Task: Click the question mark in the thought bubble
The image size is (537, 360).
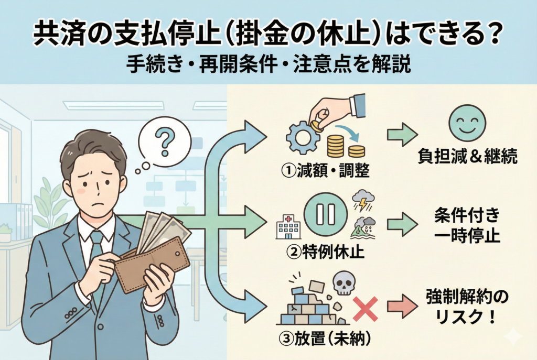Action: (164, 140)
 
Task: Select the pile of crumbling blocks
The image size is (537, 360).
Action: (309, 307)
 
